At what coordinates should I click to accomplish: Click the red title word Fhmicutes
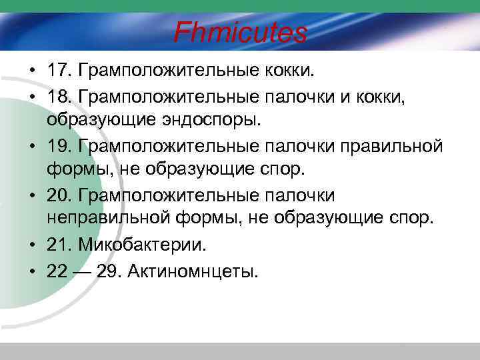tap(241, 32)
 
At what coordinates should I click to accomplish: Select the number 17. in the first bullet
tap(59, 70)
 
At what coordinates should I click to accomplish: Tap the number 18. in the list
tap(59, 99)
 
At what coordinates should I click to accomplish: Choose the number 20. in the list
tap(59, 195)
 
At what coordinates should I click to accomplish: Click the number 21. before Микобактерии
tap(59, 245)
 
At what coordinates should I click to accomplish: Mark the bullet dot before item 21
tap(32, 245)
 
